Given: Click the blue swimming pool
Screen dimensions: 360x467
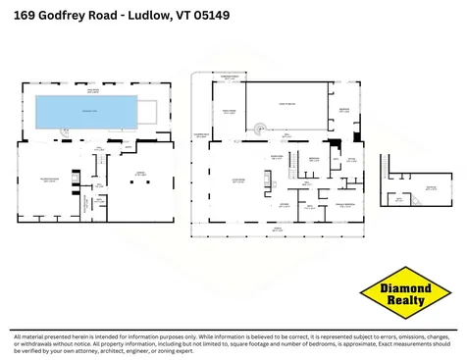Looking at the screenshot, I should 85,113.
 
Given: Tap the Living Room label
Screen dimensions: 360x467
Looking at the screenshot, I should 237,180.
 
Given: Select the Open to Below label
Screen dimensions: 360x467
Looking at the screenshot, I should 286,104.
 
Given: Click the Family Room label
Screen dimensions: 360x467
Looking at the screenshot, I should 231,112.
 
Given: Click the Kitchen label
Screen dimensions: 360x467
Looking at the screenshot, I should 284,203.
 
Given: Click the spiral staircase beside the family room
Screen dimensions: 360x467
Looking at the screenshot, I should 260,126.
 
